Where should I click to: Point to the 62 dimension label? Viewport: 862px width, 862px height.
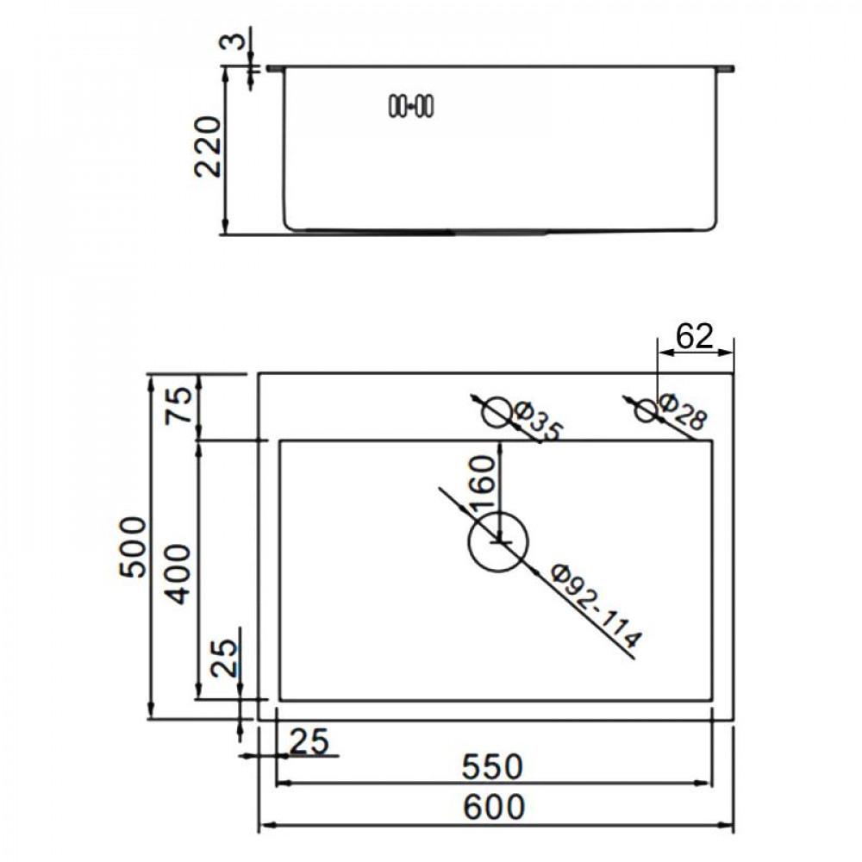pos(695,336)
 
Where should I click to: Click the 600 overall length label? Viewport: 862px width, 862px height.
pos(494,808)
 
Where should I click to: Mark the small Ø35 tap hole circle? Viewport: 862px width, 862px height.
pos(497,413)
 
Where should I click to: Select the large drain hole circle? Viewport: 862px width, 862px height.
pos(497,541)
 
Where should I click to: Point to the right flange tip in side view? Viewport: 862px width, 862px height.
pos(731,67)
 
